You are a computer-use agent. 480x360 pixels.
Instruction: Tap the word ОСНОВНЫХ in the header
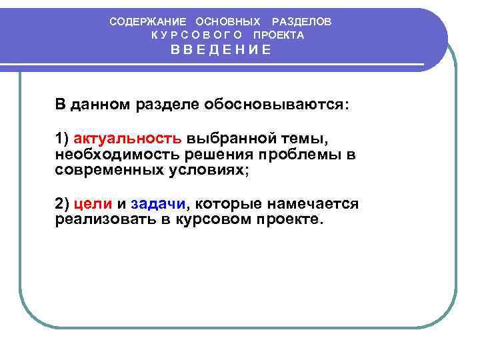(228, 21)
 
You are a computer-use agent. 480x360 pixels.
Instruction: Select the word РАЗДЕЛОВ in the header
(301, 21)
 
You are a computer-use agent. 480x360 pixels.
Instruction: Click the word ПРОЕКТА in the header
(278, 35)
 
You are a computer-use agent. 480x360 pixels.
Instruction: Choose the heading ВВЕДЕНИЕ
(220, 50)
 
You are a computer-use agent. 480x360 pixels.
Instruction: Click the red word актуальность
(127, 139)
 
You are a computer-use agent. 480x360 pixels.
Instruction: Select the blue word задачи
(159, 203)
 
